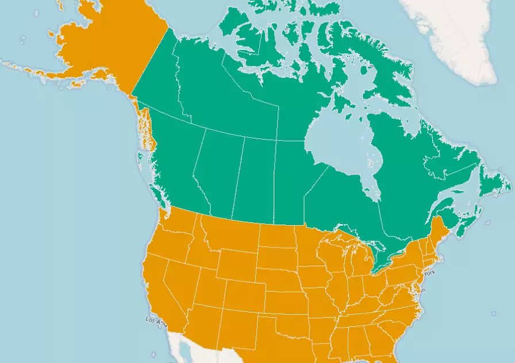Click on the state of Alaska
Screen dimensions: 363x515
98,40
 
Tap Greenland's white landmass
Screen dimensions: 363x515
454,34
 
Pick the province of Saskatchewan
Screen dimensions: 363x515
253,178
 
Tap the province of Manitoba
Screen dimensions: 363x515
290,184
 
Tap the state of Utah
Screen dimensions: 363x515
209,287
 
